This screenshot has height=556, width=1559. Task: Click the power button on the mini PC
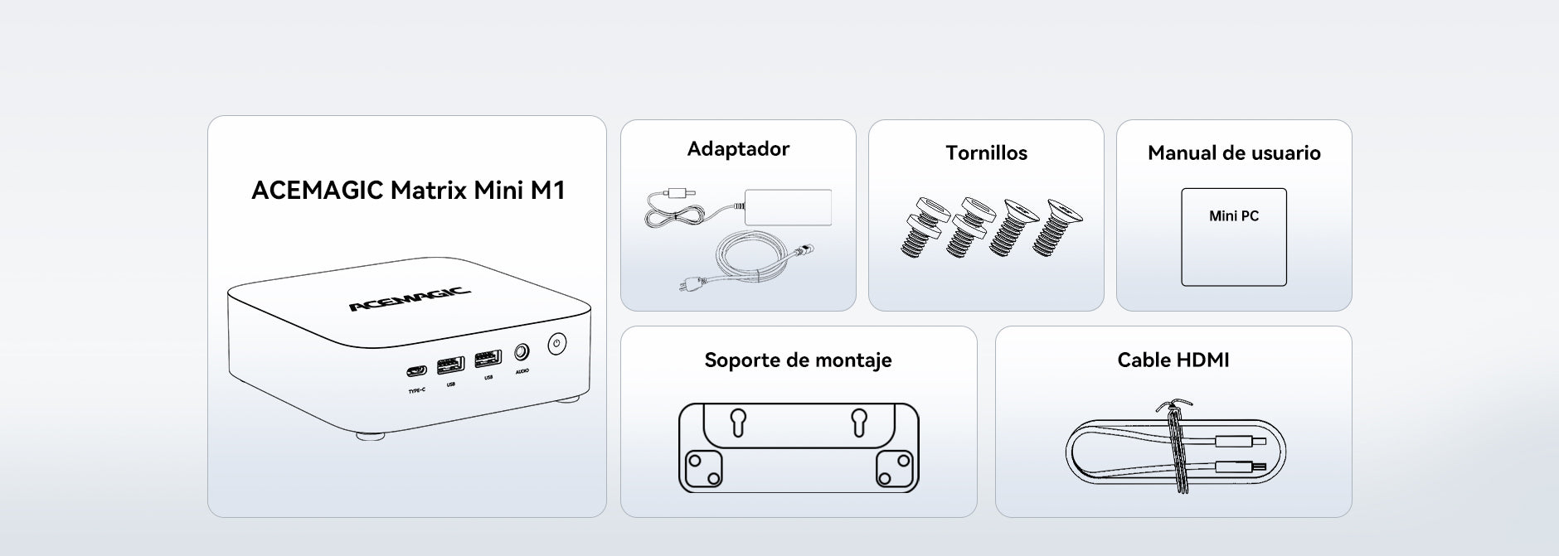tap(556, 343)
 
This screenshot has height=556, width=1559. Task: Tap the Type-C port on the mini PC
tap(417, 371)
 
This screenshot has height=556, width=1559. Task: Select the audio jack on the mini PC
tap(522, 352)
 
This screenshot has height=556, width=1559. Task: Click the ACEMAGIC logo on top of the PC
tap(410, 298)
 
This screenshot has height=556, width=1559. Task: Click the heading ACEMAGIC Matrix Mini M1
tap(408, 191)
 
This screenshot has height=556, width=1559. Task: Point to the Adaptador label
tap(738, 149)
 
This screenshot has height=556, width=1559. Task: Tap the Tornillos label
tap(986, 153)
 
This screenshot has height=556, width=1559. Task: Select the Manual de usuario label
tap(1234, 153)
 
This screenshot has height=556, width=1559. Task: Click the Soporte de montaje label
tap(798, 360)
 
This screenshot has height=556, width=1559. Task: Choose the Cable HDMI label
tap(1173, 360)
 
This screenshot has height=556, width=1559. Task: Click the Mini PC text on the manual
tap(1234, 216)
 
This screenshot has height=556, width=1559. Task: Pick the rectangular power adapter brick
tap(788, 206)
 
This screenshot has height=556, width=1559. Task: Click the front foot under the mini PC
tap(370, 435)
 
